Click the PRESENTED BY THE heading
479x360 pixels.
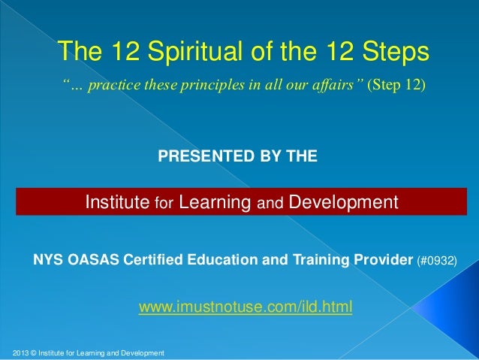tap(237, 156)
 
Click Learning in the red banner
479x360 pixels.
tap(215, 202)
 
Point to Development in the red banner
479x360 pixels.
tap(343, 202)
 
